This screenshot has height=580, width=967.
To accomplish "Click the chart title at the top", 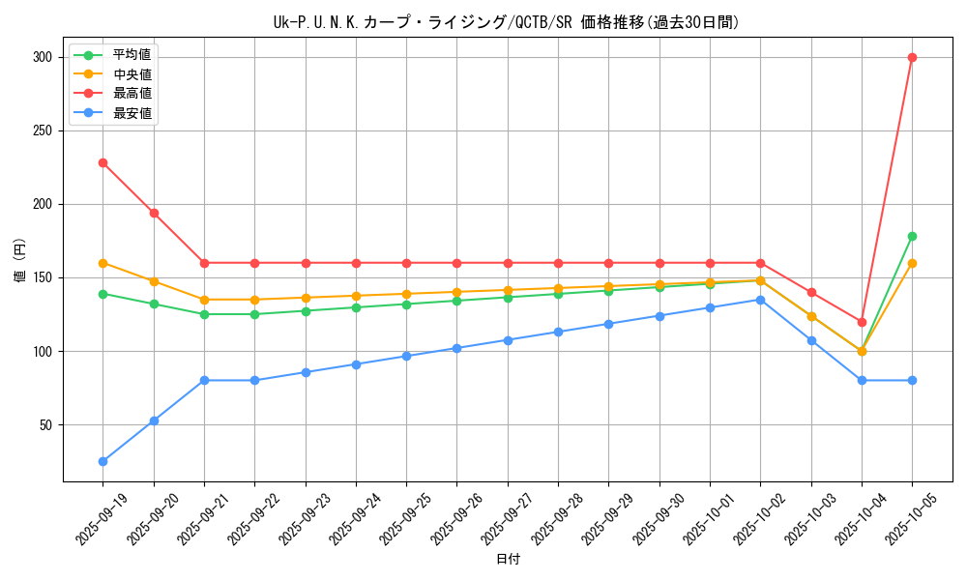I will click(x=507, y=22).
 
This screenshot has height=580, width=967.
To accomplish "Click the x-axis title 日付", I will click(x=508, y=560).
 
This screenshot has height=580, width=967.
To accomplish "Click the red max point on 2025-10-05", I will click(x=912, y=57).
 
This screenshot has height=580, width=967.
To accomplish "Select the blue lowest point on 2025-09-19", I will click(x=103, y=461).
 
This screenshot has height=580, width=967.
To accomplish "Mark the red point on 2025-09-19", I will click(x=103, y=162).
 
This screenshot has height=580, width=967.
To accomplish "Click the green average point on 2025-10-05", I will click(x=912, y=236).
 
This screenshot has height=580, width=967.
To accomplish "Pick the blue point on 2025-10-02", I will click(x=760, y=300).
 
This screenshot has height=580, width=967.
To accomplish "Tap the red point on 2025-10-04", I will click(x=862, y=322).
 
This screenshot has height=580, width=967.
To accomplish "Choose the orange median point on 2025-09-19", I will click(x=103, y=263).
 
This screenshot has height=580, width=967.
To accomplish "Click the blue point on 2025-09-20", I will click(x=154, y=420).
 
